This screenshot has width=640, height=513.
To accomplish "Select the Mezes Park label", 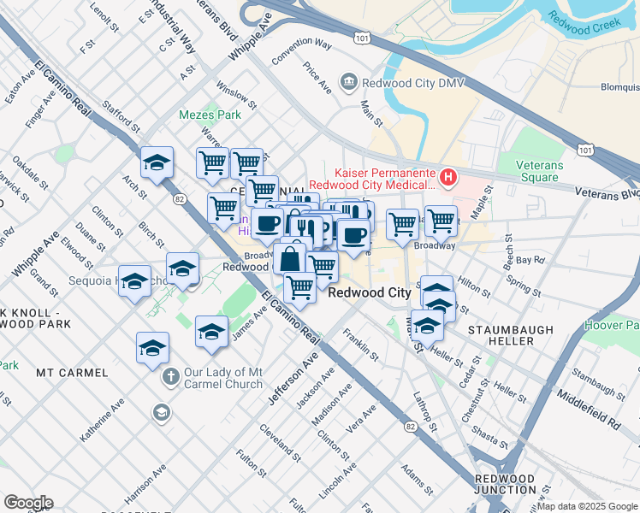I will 198,115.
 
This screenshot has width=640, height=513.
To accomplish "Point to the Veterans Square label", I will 548,171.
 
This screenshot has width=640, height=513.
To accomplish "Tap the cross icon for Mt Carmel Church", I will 170,375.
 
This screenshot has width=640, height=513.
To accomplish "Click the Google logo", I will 27,503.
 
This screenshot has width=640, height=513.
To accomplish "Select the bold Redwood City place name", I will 370,292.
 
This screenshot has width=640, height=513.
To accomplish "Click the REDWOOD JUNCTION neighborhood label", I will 504,486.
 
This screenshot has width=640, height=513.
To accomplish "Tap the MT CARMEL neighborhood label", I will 72,373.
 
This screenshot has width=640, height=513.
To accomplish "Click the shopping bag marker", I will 291,257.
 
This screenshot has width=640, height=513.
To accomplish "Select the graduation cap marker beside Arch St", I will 157,162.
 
